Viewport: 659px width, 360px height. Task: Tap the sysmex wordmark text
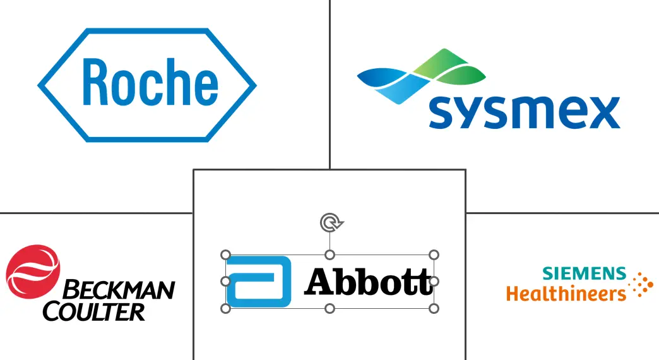(x=525, y=112)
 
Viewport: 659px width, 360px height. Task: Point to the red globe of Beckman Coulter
(x=33, y=272)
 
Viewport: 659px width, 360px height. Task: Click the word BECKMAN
(x=119, y=290)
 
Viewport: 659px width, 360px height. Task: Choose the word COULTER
(x=93, y=311)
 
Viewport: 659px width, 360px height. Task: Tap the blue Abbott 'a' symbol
(x=258, y=281)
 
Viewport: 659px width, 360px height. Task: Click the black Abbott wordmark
(x=369, y=281)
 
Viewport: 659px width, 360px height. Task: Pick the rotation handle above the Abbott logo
(x=331, y=222)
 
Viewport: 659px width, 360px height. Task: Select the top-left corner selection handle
(x=226, y=255)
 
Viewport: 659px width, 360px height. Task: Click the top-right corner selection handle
(x=434, y=255)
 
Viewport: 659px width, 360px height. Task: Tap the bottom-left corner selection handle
(x=226, y=309)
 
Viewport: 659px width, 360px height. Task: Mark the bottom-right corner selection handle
(x=434, y=309)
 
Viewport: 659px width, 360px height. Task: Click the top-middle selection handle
(x=330, y=255)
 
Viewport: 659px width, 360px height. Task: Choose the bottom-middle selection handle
(x=330, y=309)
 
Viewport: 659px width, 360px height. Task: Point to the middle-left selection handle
(x=226, y=281)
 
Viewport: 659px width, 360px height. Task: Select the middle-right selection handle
(x=434, y=281)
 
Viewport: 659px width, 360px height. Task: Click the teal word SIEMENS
(x=584, y=273)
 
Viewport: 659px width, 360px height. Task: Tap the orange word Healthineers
(x=566, y=293)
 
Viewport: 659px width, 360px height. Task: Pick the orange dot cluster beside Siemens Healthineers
(x=641, y=285)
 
